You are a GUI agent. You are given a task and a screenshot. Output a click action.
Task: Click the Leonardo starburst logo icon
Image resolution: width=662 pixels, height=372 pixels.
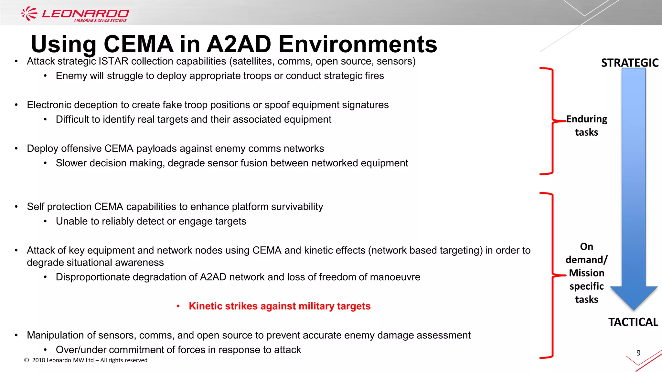click(x=29, y=14)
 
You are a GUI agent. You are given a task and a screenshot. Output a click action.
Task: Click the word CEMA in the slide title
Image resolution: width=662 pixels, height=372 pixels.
click(x=138, y=44)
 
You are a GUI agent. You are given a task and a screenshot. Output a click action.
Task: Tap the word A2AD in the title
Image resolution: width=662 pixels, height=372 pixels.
click(x=239, y=44)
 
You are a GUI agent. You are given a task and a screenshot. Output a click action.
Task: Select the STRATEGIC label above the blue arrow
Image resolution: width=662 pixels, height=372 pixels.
click(x=630, y=63)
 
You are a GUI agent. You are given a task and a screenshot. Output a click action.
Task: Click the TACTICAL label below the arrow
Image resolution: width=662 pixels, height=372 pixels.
click(x=633, y=322)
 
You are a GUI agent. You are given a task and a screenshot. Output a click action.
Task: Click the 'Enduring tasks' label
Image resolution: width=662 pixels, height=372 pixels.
click(x=586, y=126)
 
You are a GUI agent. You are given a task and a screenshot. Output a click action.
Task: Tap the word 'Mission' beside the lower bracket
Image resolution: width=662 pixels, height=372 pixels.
click(x=586, y=273)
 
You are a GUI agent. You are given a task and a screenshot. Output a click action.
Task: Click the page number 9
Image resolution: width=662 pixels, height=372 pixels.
click(x=638, y=353)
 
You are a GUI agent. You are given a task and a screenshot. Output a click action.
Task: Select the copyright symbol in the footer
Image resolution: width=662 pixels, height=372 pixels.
click(x=27, y=360)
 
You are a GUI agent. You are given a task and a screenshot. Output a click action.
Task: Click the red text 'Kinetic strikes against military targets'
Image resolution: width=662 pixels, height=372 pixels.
click(x=280, y=306)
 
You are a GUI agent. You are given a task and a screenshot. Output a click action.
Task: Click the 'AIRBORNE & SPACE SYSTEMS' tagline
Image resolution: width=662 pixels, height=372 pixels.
click(x=100, y=21)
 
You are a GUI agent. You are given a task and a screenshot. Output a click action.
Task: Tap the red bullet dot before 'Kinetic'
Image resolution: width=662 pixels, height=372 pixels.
click(x=178, y=306)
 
